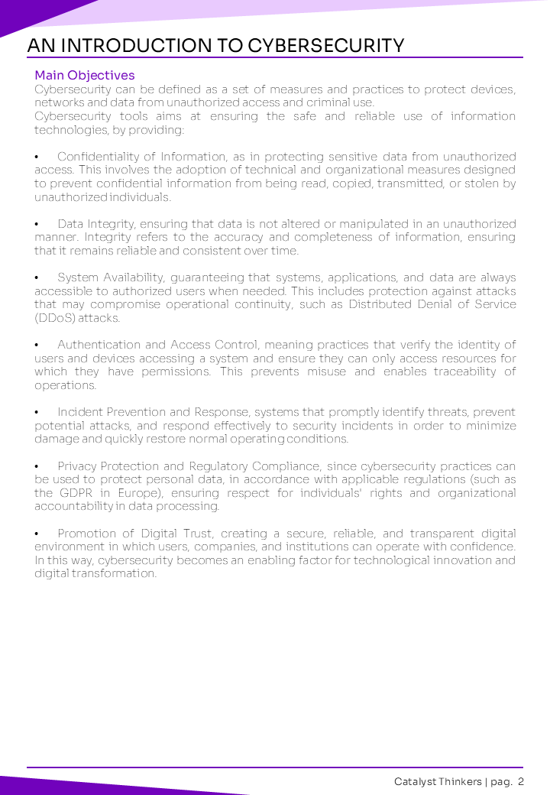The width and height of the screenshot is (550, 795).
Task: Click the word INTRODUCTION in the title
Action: coord(136,46)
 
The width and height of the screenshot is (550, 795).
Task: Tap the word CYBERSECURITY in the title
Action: coord(326,46)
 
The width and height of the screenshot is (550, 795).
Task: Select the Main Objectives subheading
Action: coord(85,75)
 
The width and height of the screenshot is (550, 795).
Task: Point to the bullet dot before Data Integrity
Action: coord(37,224)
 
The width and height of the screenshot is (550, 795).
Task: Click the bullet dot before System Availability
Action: coord(37,277)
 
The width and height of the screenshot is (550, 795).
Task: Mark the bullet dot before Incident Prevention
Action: coord(37,412)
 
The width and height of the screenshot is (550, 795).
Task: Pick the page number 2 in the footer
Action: coord(520,781)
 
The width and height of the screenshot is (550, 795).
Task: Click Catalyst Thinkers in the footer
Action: coord(438,781)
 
